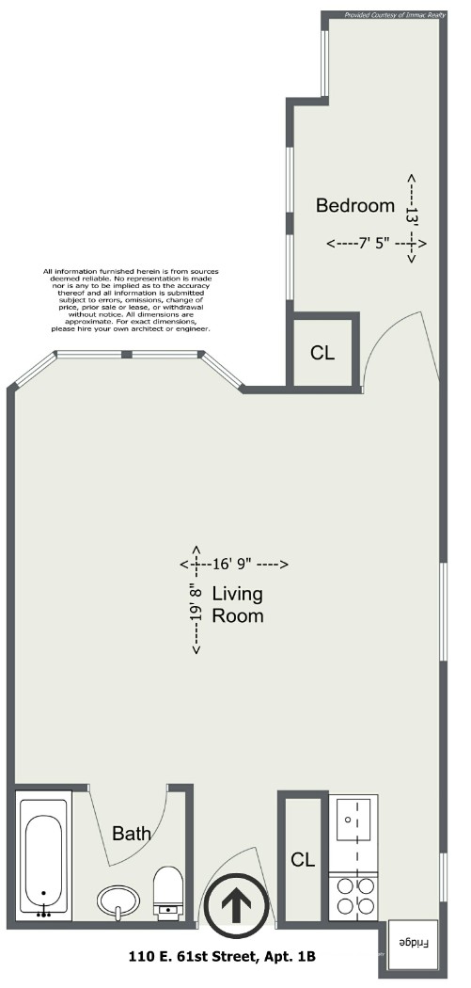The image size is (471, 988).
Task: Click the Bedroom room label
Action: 354,206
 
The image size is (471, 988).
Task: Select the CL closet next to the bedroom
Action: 322,354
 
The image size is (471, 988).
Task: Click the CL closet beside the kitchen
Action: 302,859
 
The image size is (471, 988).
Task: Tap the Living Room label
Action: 237,605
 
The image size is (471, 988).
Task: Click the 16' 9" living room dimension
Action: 235,565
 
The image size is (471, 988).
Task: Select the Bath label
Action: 132,833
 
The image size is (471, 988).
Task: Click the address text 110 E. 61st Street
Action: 222,957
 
